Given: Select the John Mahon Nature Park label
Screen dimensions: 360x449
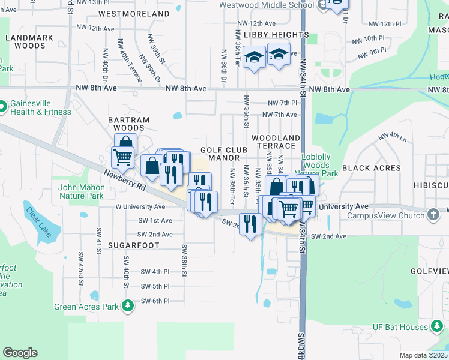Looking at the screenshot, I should click(x=82, y=191).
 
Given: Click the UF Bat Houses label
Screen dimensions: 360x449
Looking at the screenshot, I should click(x=402, y=326).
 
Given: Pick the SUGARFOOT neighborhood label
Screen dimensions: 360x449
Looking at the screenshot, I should click(x=135, y=245).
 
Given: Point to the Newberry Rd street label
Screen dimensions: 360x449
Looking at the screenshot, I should click(x=125, y=179).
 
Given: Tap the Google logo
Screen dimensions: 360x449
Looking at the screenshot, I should click(x=20, y=353).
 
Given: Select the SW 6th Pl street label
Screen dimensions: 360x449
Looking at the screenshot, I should click(x=155, y=301).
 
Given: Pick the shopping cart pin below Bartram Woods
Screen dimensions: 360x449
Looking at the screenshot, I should click(x=122, y=157).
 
